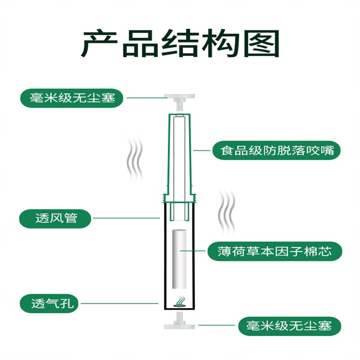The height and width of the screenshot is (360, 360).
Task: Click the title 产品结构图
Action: coord(180,44)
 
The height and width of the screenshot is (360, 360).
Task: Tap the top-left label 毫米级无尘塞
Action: coord(72,98)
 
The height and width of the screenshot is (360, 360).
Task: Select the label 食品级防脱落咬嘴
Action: coord(276,150)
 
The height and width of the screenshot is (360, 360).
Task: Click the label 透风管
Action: coord(56,219)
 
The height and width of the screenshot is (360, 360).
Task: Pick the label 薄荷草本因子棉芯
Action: coord(275,251)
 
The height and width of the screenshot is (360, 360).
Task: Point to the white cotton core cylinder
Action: coord(180,261)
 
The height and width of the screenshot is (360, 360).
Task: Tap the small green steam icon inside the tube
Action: coord(180,301)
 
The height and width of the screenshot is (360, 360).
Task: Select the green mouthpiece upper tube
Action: coord(180,153)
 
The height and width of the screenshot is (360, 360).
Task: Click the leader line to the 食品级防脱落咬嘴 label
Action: coord(202,150)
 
